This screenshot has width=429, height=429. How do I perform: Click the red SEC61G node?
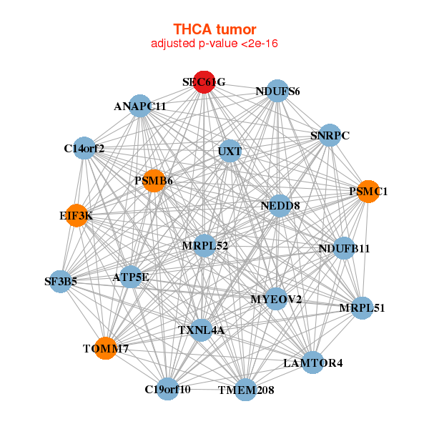click(x=204, y=82)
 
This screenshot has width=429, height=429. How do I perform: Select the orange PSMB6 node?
click(x=153, y=181)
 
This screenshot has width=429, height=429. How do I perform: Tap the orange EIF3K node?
click(x=76, y=215)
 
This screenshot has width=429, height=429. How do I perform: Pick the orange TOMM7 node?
click(x=105, y=348)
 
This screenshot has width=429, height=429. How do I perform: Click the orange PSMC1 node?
click(x=368, y=192)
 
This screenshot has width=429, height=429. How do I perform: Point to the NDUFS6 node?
click(x=277, y=91)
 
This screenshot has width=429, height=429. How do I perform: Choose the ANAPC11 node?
click(x=140, y=106)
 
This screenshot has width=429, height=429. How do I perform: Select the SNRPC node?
click(x=329, y=135)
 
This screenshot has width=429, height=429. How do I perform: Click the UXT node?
click(x=230, y=152)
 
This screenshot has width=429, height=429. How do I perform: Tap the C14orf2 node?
click(x=84, y=149)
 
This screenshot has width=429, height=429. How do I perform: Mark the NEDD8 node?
click(x=280, y=206)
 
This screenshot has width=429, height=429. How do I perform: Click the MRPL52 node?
click(x=204, y=246)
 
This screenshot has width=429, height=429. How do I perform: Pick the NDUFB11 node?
click(x=344, y=249)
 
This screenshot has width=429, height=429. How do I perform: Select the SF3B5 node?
click(x=61, y=282)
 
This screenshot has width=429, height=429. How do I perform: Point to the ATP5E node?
click(x=130, y=276)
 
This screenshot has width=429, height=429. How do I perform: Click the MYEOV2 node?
click(x=276, y=299)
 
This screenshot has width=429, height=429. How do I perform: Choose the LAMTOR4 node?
click(x=312, y=363)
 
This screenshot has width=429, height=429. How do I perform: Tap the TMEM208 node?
click(x=245, y=390)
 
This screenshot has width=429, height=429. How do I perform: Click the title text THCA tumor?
click(x=214, y=29)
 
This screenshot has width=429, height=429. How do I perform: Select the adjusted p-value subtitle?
click(x=214, y=44)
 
